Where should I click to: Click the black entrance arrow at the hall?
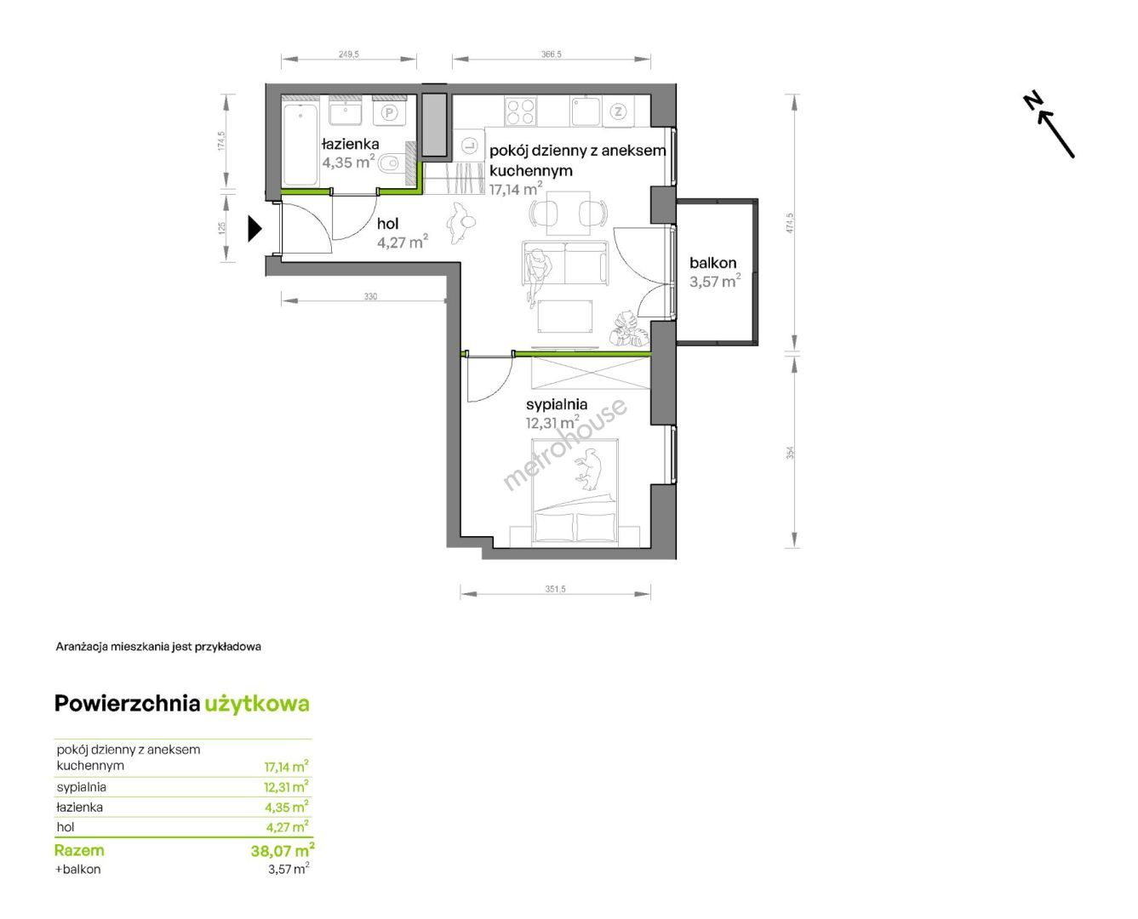click(254, 229)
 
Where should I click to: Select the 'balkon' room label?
click(712, 263)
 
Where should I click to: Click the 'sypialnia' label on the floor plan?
click(556, 404)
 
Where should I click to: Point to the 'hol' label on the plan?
click(387, 223)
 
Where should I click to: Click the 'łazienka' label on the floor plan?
click(350, 144)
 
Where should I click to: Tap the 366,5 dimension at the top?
click(551, 54)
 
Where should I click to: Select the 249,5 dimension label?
click(348, 54)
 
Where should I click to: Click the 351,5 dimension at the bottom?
click(555, 589)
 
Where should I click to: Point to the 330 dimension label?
click(370, 296)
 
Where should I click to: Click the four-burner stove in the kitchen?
click(520, 111)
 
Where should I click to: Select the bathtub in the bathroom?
click(300, 144)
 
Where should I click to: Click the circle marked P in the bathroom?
click(390, 112)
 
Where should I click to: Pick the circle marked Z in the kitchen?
click(618, 111)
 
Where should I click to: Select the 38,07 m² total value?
click(282, 849)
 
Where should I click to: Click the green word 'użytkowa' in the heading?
click(257, 705)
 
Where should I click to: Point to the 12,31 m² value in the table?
click(286, 787)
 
